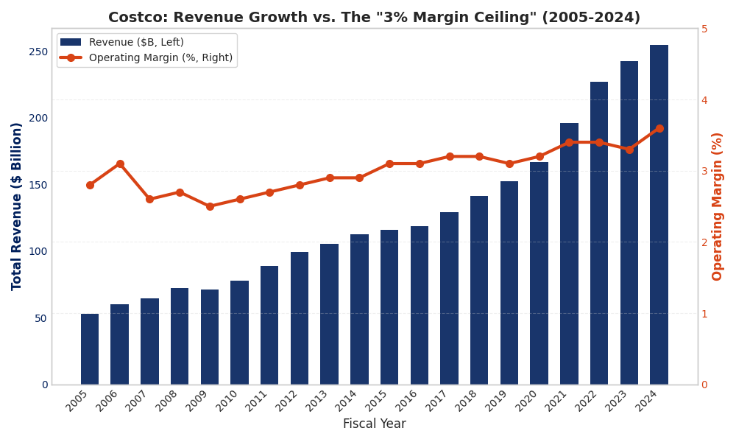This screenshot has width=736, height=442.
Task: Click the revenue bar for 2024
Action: pyautogui.click(x=659, y=214)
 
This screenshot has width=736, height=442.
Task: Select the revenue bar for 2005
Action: pyautogui.click(x=90, y=349)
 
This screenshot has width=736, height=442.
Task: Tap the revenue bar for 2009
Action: pyautogui.click(x=210, y=337)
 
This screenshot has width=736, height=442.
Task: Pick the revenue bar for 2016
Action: pyautogui.click(x=420, y=305)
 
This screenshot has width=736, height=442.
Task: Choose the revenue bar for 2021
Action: pyautogui.click(x=569, y=253)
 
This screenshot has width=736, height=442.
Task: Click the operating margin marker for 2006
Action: pyautogui.click(x=120, y=164)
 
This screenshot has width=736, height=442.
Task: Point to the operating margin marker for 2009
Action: pyautogui.click(x=210, y=206)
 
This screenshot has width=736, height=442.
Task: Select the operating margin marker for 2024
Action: pyautogui.click(x=659, y=128)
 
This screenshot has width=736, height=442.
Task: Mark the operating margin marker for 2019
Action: pyautogui.click(x=509, y=164)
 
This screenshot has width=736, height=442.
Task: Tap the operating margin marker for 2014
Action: pyautogui.click(x=359, y=178)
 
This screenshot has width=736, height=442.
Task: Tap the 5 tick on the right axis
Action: pyautogui.click(x=704, y=29)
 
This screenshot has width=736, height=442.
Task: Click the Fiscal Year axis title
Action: pyautogui.click(x=374, y=424)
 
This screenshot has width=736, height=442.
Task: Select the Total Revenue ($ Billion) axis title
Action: pyautogui.click(x=17, y=206)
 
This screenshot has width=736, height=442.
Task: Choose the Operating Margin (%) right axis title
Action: pyautogui.click(x=718, y=206)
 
